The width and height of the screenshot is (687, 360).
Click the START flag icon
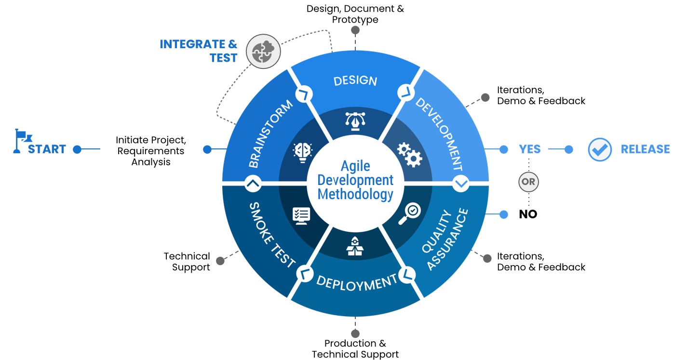coord(19,141)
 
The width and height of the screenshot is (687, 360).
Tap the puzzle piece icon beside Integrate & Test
coord(263,51)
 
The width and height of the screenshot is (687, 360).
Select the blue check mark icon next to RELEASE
coord(600,149)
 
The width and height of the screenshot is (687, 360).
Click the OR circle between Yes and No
coord(528,182)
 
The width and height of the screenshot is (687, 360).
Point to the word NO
coord(528,214)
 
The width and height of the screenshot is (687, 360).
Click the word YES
coord(529,149)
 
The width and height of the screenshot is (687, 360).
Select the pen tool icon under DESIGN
coord(355,120)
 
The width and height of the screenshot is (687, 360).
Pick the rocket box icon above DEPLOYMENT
coord(355,246)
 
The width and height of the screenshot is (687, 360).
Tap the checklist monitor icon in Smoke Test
coord(302,215)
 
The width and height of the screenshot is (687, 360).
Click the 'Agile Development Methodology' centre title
coord(355,180)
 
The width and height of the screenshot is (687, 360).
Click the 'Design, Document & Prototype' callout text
coord(355,14)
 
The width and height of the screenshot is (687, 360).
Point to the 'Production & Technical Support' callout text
coord(355,349)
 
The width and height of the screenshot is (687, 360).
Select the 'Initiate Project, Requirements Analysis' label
coord(151,151)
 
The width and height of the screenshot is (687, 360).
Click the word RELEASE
coord(645,149)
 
